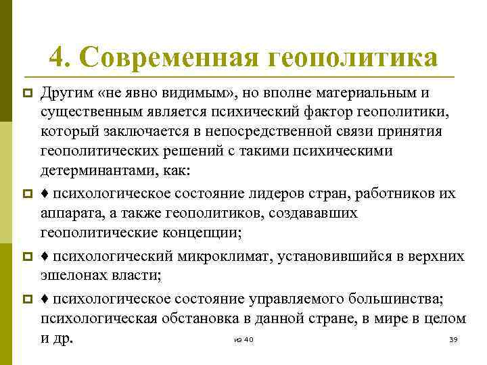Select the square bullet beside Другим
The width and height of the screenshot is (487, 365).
28,93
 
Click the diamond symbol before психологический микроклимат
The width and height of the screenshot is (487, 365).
45,256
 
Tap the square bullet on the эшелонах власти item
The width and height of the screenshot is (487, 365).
28,257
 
